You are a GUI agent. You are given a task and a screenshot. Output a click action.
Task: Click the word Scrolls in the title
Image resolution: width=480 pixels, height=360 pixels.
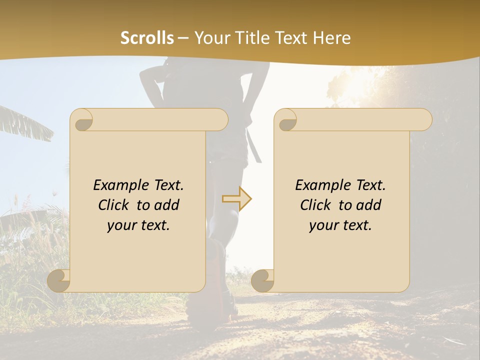click(x=147, y=38)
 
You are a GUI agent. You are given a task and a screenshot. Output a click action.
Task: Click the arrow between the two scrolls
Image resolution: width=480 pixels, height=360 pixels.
click(x=237, y=199)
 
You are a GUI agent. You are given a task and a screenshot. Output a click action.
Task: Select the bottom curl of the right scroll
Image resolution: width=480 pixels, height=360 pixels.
click(x=263, y=281)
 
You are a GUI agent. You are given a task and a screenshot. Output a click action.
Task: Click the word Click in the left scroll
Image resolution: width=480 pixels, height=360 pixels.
click(x=114, y=205)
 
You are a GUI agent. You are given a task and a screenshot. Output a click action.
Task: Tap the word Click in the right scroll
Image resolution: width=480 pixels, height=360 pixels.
click(x=316, y=205)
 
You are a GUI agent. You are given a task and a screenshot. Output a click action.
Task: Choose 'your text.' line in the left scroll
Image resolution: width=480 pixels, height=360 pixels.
click(x=138, y=225)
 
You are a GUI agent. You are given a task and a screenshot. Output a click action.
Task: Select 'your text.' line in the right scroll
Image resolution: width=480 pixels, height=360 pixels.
click(x=340, y=225)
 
